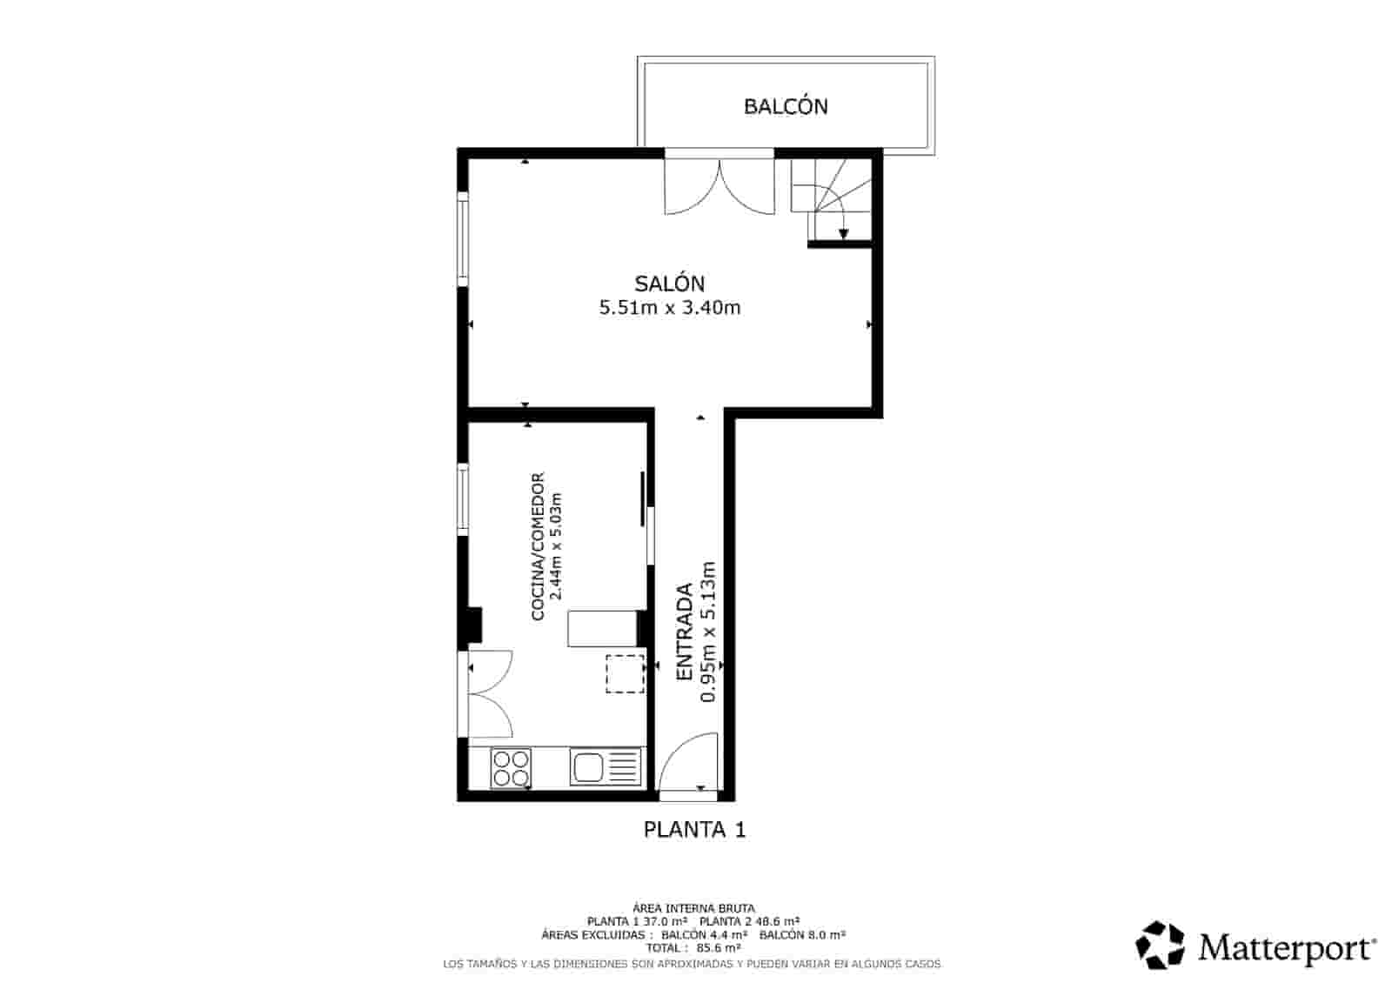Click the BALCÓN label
(786, 106)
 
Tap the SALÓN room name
(669, 284)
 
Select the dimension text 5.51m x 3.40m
(669, 307)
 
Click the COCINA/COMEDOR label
(538, 546)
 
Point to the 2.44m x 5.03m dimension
(558, 546)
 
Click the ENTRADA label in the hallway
(686, 632)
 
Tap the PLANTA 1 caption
(694, 829)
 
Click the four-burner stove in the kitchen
(511, 767)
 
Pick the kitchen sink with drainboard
(606, 766)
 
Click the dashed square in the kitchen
(625, 673)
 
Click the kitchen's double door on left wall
(487, 694)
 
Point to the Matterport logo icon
(1161, 945)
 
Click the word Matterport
(1286, 947)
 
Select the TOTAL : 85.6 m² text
(693, 948)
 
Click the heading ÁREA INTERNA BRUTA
(693, 907)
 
